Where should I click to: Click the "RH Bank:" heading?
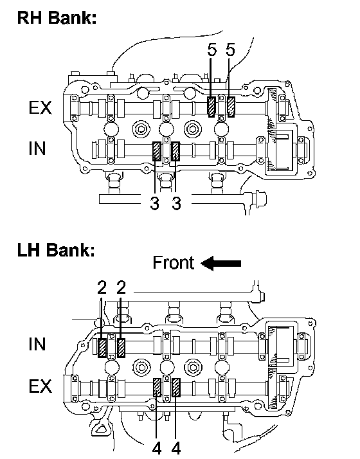click(x=57, y=17)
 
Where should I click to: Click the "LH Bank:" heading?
click(x=56, y=251)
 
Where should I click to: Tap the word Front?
click(x=174, y=262)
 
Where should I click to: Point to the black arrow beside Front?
click(x=221, y=263)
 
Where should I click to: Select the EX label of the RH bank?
click(x=40, y=108)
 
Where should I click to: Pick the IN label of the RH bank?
click(x=37, y=148)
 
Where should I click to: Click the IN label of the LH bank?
click(x=37, y=344)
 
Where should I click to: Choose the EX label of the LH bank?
click(x=40, y=386)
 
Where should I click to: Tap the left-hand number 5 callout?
click(x=212, y=50)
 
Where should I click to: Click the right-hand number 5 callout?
click(x=230, y=50)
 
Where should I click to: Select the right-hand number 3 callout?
click(x=176, y=203)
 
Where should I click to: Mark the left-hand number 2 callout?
click(x=102, y=287)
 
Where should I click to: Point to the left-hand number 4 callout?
click(x=157, y=448)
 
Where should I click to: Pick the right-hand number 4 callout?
click(x=176, y=448)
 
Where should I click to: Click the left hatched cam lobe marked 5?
click(x=212, y=107)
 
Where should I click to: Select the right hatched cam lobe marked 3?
click(x=175, y=151)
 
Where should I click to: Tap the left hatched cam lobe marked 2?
click(x=102, y=348)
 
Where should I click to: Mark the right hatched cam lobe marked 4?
click(x=176, y=387)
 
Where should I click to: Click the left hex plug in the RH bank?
click(x=141, y=129)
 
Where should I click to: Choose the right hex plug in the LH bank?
click(x=193, y=367)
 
